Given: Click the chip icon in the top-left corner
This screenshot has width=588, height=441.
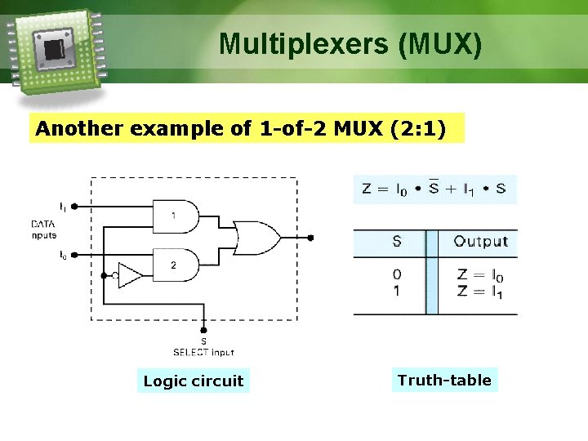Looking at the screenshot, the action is click(54, 50).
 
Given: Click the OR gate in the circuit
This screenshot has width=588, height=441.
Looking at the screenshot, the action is click(255, 238).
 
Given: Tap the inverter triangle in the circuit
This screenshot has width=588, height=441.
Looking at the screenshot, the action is click(129, 275).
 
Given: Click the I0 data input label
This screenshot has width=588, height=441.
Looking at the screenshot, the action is click(63, 255).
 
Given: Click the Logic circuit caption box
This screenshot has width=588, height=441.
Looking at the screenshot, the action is click(194, 381).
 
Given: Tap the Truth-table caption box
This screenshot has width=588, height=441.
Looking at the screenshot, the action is click(444, 380).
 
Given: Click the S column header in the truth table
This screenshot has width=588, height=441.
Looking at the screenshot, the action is click(397, 242).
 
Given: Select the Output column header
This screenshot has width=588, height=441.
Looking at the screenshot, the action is click(480, 242).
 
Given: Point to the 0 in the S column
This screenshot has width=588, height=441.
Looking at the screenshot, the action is click(397, 275).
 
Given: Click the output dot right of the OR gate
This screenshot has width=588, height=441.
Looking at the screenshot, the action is click(310, 238).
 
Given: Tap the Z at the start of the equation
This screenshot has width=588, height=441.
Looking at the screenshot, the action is click(367, 189).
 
